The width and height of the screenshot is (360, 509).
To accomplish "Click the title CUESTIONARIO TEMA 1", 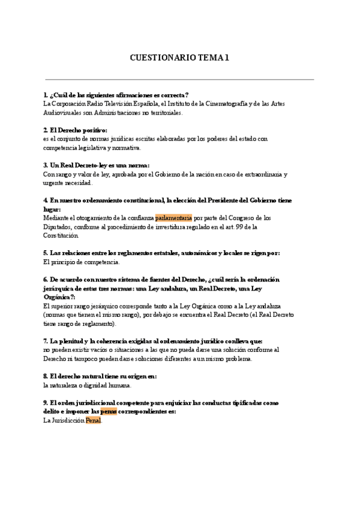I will coord(179,58).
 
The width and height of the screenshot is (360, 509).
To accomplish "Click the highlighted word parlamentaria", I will coord(173,217).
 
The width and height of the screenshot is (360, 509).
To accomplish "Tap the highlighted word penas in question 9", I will coord(108,412).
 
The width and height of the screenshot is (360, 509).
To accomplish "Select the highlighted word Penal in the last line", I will coord(94,421).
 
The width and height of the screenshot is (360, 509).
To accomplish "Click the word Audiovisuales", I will coord(62,112).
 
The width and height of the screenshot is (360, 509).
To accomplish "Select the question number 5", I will coord(46,253).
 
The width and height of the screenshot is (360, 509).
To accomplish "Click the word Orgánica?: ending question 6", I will coord(59,297).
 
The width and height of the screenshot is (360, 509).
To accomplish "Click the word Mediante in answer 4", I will coord(57,217).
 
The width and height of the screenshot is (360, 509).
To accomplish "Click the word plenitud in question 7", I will coord(75,341).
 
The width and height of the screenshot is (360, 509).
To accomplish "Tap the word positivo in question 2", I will coord(91,130).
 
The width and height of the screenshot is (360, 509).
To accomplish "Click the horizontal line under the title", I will coord(179,79).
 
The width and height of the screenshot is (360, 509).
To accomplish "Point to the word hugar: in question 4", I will coord(52,209).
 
